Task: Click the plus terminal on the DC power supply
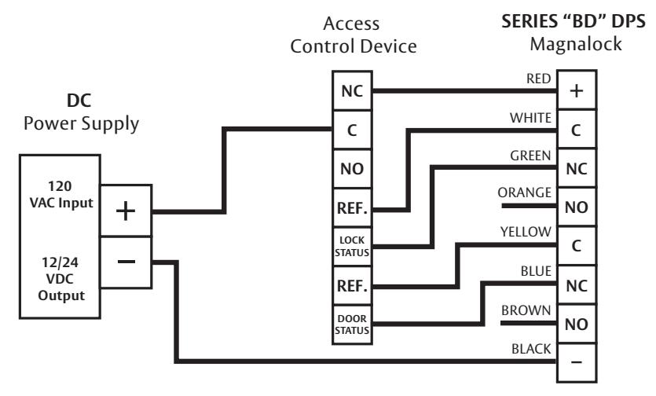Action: coord(126,211)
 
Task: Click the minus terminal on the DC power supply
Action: coord(126,262)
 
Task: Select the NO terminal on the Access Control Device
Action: coord(352,169)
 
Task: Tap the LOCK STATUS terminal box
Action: coord(352,247)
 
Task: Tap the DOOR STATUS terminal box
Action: coord(352,324)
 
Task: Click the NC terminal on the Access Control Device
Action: coord(352,91)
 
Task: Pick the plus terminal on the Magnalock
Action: coord(577,90)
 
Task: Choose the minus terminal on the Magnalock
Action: coord(577,362)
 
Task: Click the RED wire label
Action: coord(538,79)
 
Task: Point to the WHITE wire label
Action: coord(530,118)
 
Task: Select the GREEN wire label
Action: coord(530,156)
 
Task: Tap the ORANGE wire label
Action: coord(525,192)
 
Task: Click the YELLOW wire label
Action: coord(526,232)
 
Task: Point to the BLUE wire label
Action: coord(536,271)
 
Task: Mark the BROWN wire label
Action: coord(526,310)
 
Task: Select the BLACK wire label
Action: coord(531,349)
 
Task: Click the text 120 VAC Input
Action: coord(61,194)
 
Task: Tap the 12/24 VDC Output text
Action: coord(61,279)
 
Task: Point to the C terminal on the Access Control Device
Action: coord(352,130)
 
